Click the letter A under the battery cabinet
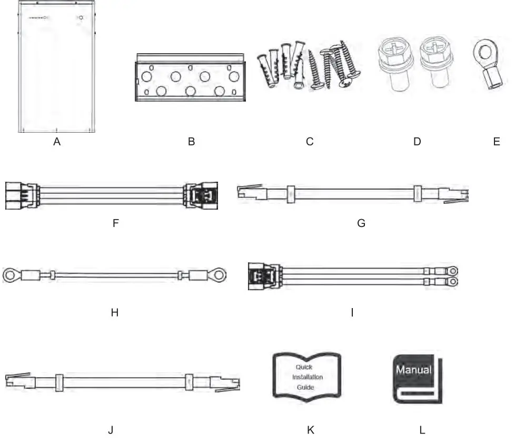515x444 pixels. click(x=57, y=142)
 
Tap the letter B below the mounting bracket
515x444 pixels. click(x=191, y=142)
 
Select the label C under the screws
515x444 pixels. click(x=310, y=142)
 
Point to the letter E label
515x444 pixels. click(x=497, y=142)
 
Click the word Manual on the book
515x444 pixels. click(x=414, y=370)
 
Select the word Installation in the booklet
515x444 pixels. click(x=308, y=377)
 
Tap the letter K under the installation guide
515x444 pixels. click(x=310, y=430)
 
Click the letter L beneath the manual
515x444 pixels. click(x=422, y=430)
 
